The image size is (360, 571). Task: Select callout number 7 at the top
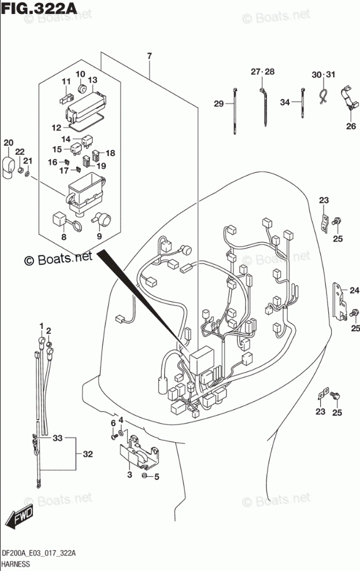[x=149, y=56]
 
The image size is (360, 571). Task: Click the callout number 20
[x=8, y=143]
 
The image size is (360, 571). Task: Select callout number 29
[x=218, y=104]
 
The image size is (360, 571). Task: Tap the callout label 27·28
[x=263, y=72]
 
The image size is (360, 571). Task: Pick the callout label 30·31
[x=323, y=75]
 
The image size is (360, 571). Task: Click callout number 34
[x=284, y=103]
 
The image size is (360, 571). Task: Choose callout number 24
[x=354, y=291]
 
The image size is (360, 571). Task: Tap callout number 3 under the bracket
[x=129, y=475]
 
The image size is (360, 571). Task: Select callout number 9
[x=99, y=236]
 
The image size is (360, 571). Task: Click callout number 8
[x=64, y=236]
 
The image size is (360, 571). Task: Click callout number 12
[x=56, y=127]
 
